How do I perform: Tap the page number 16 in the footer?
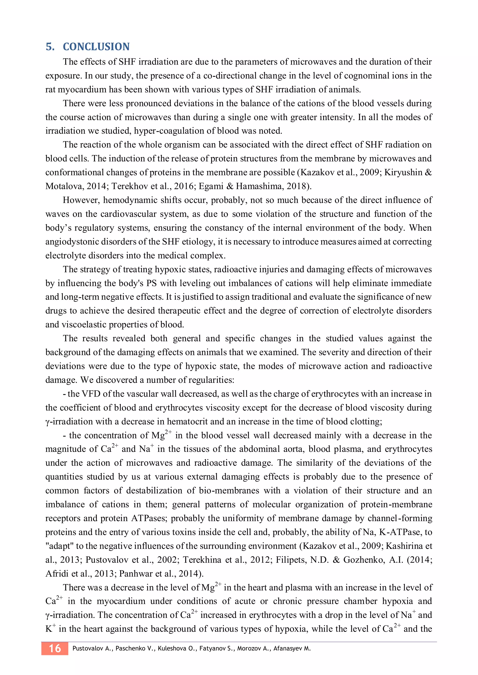pyautogui.click(x=55, y=648)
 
